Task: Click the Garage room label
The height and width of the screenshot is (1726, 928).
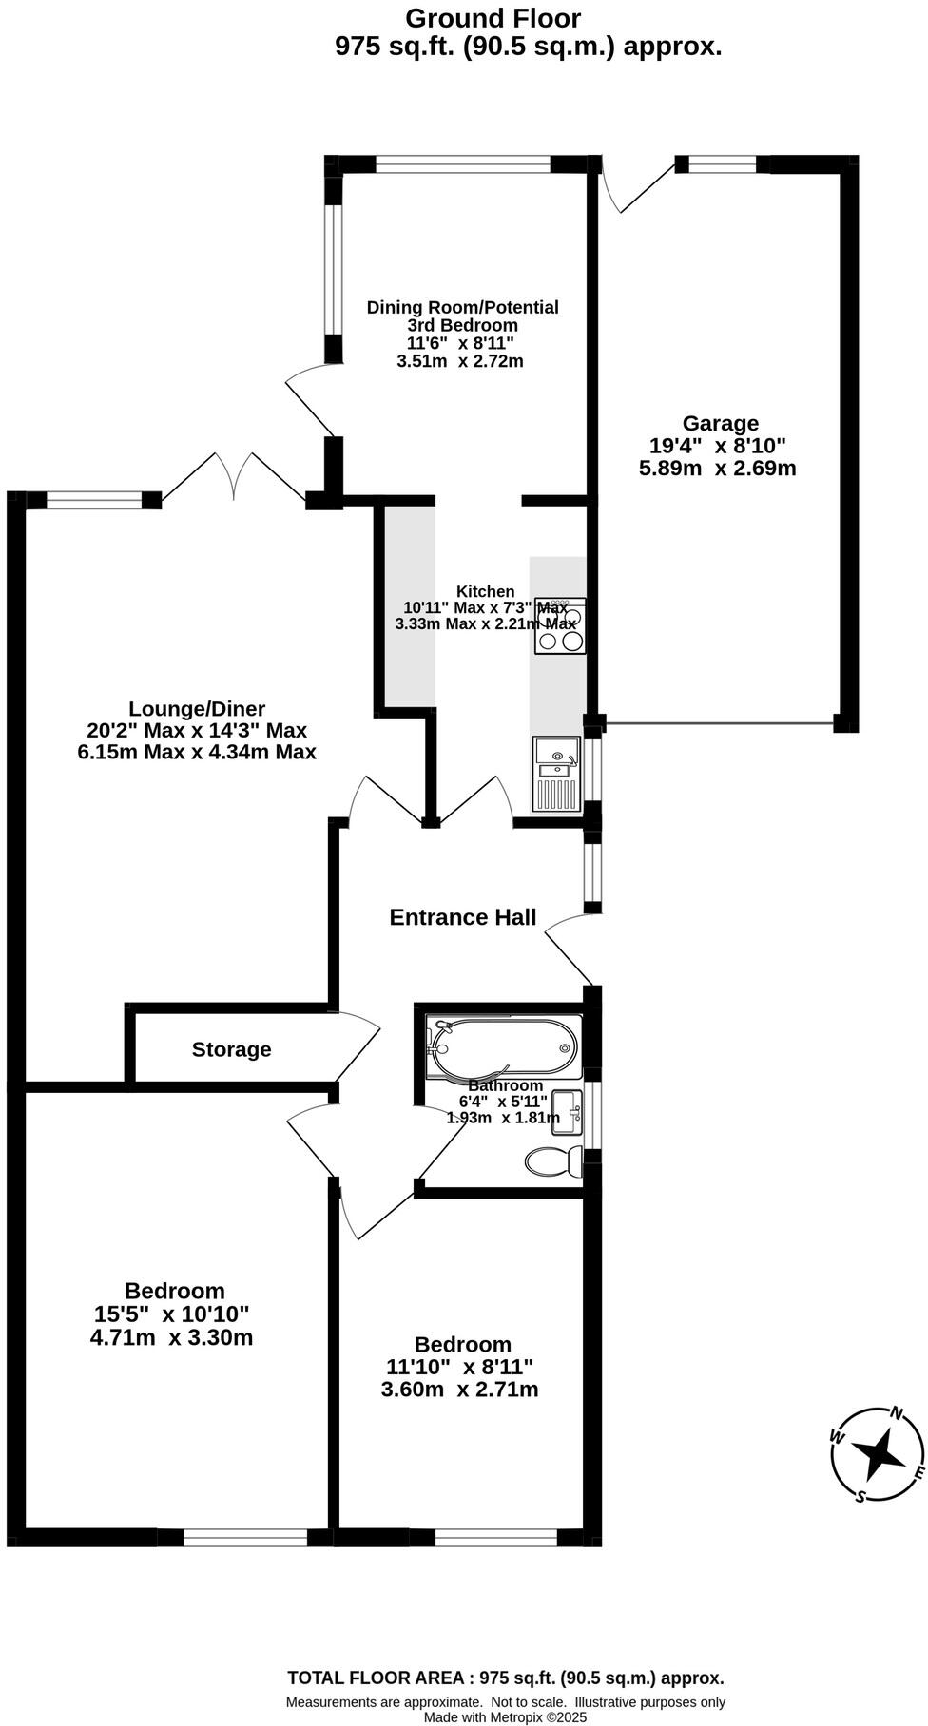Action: coord(720,423)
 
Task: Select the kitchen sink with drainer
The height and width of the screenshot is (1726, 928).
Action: coord(557,774)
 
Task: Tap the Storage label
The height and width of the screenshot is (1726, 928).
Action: coord(231,1049)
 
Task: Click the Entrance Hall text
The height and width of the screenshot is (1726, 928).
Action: coord(463,917)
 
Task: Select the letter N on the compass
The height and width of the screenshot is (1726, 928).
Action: coord(895,1413)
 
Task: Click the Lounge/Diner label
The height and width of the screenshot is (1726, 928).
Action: coord(197,708)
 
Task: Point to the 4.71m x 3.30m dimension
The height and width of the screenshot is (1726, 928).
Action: coord(171,1338)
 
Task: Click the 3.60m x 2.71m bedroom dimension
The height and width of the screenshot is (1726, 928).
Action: coord(459,1390)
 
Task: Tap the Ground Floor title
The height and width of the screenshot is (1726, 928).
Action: coord(493,18)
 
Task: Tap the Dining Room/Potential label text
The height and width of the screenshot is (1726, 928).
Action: coord(462,307)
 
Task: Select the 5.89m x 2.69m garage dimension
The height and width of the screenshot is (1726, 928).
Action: coord(718,468)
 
